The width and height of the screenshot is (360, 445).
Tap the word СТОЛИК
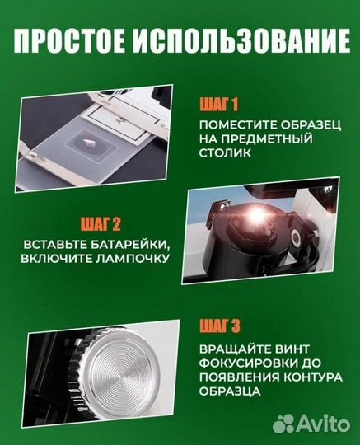pos(226,154)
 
